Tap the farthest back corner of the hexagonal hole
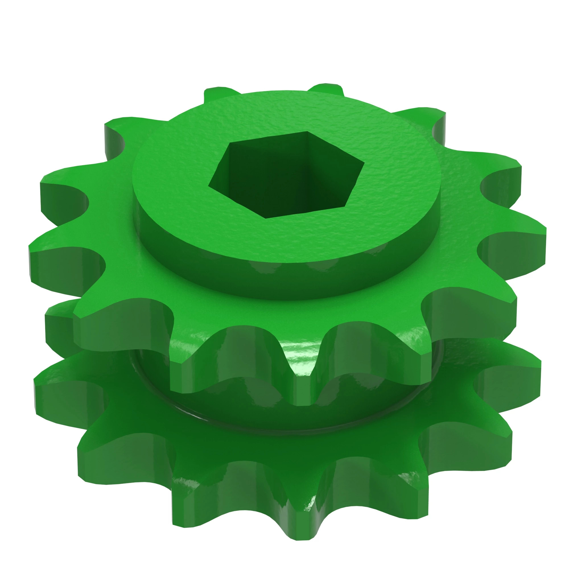click(308, 132)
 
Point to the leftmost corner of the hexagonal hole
click(209, 186)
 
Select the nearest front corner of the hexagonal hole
click(266, 218)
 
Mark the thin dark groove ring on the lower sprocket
click(206, 418)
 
